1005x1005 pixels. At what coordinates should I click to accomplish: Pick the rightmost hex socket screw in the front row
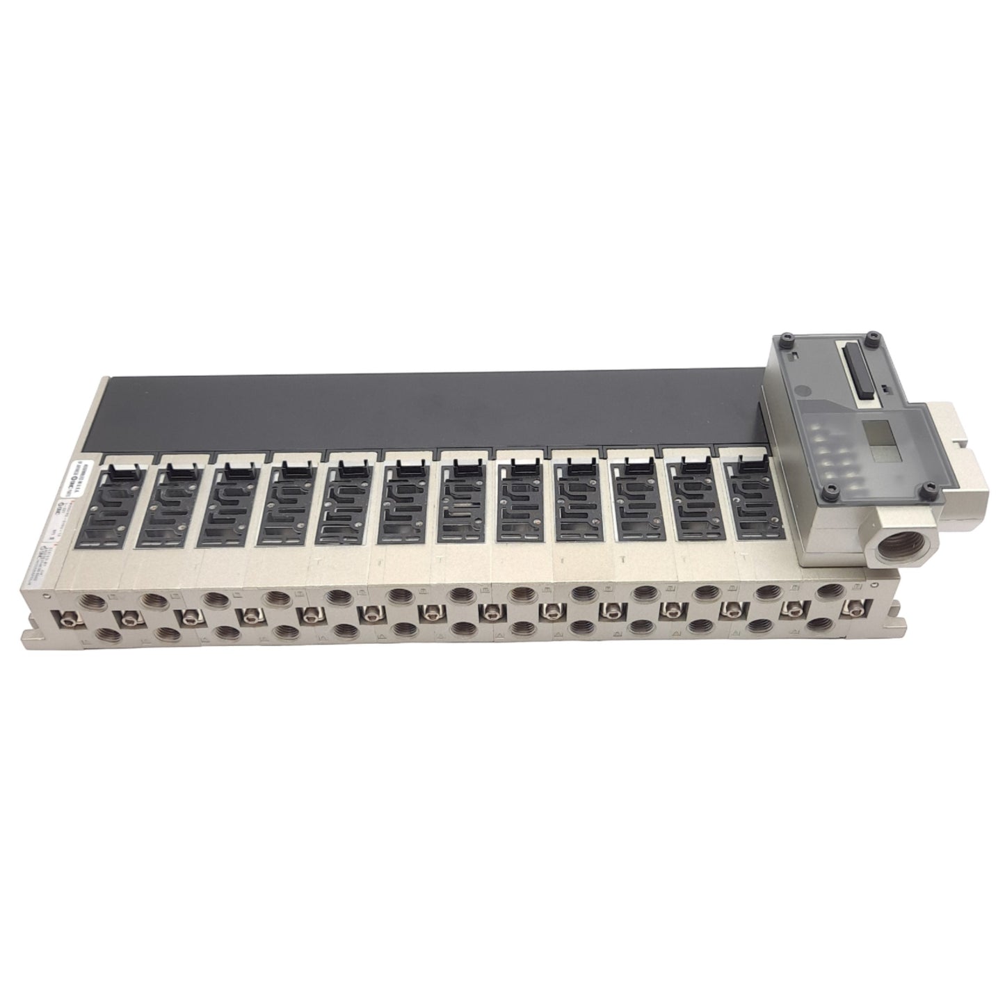pyautogui.click(x=850, y=607)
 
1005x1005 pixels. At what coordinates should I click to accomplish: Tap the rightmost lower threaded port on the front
pyautogui.click(x=821, y=625)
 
